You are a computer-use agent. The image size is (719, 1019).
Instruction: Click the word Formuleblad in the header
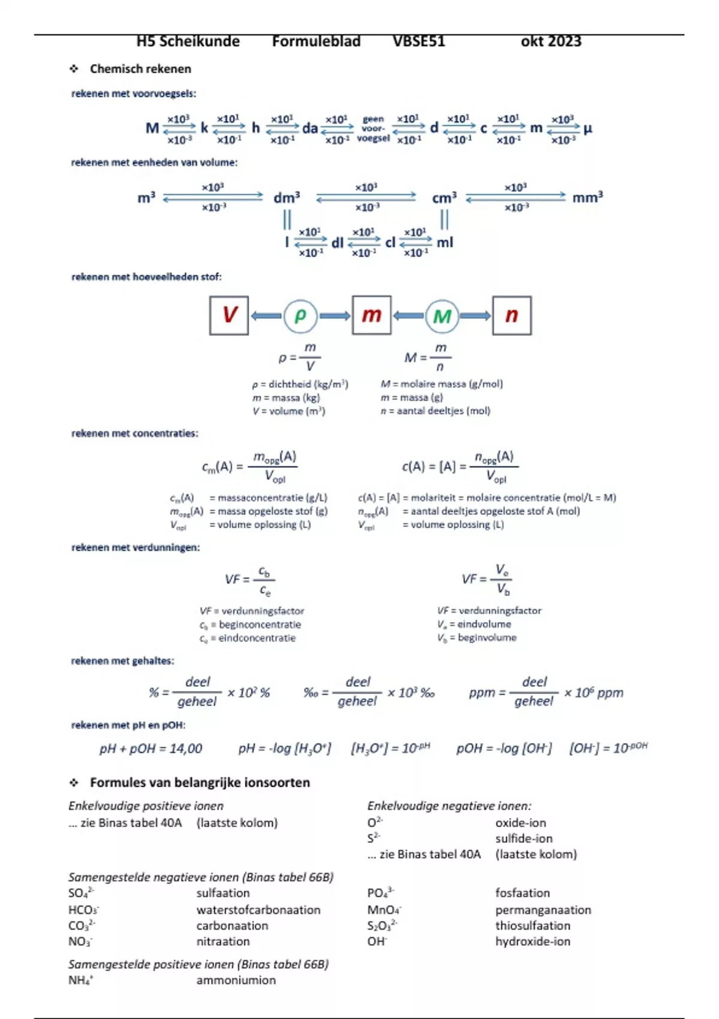(x=316, y=41)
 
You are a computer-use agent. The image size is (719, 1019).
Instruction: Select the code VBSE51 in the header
(x=419, y=41)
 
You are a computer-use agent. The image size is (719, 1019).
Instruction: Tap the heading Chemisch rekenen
(x=140, y=69)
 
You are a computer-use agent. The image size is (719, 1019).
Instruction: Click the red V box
(x=229, y=315)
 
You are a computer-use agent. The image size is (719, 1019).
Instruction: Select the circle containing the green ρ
(x=300, y=315)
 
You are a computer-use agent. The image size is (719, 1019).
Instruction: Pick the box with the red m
(x=371, y=315)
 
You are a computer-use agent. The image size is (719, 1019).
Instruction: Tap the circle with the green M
(x=442, y=316)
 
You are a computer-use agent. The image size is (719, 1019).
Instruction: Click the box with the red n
(x=512, y=315)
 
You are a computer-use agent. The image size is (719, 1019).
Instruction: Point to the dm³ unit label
(x=286, y=198)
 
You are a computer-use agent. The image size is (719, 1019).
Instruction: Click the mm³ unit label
(x=587, y=198)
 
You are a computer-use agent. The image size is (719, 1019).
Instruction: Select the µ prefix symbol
(x=588, y=128)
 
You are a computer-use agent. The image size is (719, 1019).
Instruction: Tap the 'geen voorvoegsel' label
(x=373, y=129)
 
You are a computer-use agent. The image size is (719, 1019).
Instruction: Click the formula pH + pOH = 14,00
(x=151, y=749)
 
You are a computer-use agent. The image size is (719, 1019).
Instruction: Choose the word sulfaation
(x=223, y=893)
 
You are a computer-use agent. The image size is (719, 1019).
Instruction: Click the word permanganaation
(x=543, y=910)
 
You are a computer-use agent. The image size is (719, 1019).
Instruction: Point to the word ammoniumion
(x=236, y=980)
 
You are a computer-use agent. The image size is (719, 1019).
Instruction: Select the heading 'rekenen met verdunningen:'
(x=135, y=547)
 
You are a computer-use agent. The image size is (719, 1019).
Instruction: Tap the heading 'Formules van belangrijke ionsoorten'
(x=200, y=782)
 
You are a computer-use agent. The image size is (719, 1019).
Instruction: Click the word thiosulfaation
(x=533, y=925)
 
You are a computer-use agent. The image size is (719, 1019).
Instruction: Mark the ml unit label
(x=445, y=243)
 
